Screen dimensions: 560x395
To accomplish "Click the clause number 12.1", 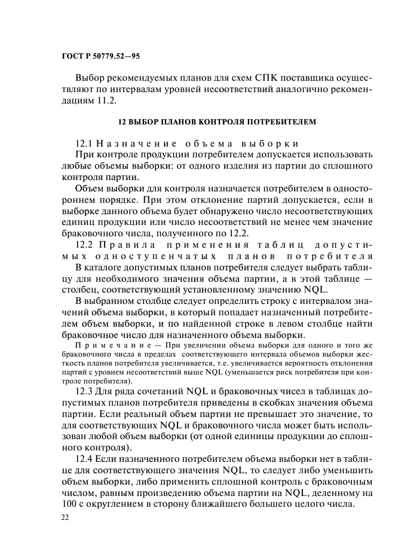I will (x=85, y=144).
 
